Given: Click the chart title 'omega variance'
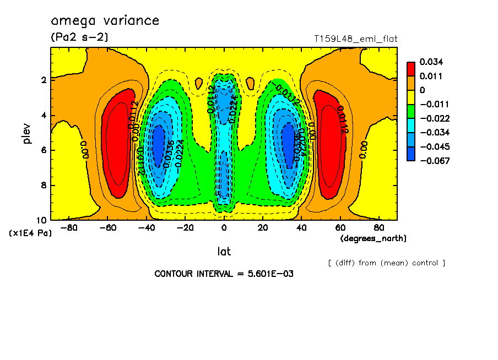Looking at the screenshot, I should click(x=105, y=21).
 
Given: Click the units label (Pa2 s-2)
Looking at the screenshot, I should click(x=79, y=37).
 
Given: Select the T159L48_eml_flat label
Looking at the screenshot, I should click(x=355, y=39).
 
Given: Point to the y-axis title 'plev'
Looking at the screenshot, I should click(x=28, y=133).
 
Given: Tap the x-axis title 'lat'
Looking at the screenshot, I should click(x=224, y=252).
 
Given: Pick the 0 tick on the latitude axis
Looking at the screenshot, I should click(x=224, y=227).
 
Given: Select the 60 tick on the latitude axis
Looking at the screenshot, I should click(x=340, y=227).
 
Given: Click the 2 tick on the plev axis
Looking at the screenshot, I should click(x=44, y=80).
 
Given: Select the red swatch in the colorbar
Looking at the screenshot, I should click(x=410, y=68).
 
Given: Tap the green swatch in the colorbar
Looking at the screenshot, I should click(x=410, y=111).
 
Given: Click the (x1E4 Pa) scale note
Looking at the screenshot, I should click(x=31, y=233).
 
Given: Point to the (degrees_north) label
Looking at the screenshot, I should click(x=373, y=238).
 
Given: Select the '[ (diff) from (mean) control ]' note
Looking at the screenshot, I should click(x=386, y=263).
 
